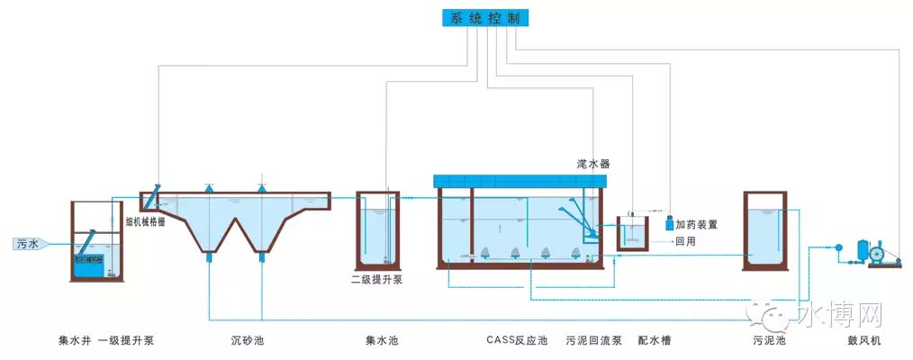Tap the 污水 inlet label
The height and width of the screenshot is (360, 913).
pos(27,244)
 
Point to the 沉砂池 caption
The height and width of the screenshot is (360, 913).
pos(247,340)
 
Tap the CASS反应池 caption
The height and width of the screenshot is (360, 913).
pos(516,340)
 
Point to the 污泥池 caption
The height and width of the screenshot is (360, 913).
pos(769,340)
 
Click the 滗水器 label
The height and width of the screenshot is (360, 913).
pos(593,164)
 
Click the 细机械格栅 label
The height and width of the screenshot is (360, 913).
pos(145,219)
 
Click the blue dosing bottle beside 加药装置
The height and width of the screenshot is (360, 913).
pos(668,221)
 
